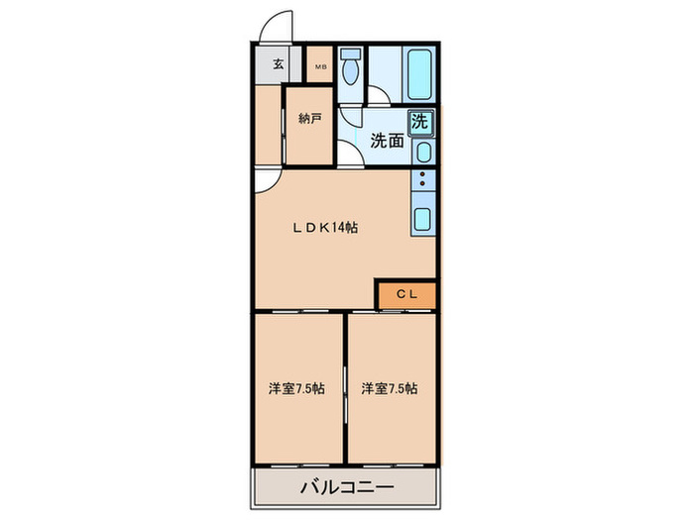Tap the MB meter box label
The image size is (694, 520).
320,66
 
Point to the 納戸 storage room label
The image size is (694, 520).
309,119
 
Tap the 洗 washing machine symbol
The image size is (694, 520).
421,124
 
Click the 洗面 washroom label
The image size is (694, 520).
386,141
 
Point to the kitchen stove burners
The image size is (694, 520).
422,185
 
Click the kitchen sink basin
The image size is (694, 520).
421,221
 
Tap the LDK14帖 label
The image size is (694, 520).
324,227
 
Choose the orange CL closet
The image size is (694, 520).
406,294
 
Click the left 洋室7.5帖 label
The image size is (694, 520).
295,388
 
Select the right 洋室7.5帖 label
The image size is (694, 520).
389,388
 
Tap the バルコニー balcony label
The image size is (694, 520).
346,487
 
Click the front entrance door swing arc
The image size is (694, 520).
275,27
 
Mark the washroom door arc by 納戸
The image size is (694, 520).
350,156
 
